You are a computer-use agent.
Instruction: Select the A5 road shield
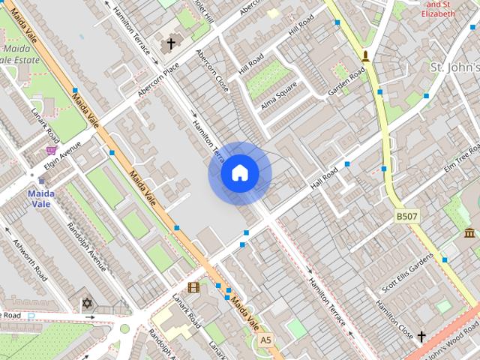click(265, 340)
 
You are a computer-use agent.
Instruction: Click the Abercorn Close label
click(211, 72)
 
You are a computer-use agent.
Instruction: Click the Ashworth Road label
click(31, 259)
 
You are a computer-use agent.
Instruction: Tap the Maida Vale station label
click(41, 198)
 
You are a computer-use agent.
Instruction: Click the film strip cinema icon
click(194, 287)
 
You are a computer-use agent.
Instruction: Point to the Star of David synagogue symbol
click(86, 304)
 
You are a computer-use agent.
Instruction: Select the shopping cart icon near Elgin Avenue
click(51, 151)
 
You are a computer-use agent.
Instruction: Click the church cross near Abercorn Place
click(170, 44)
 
